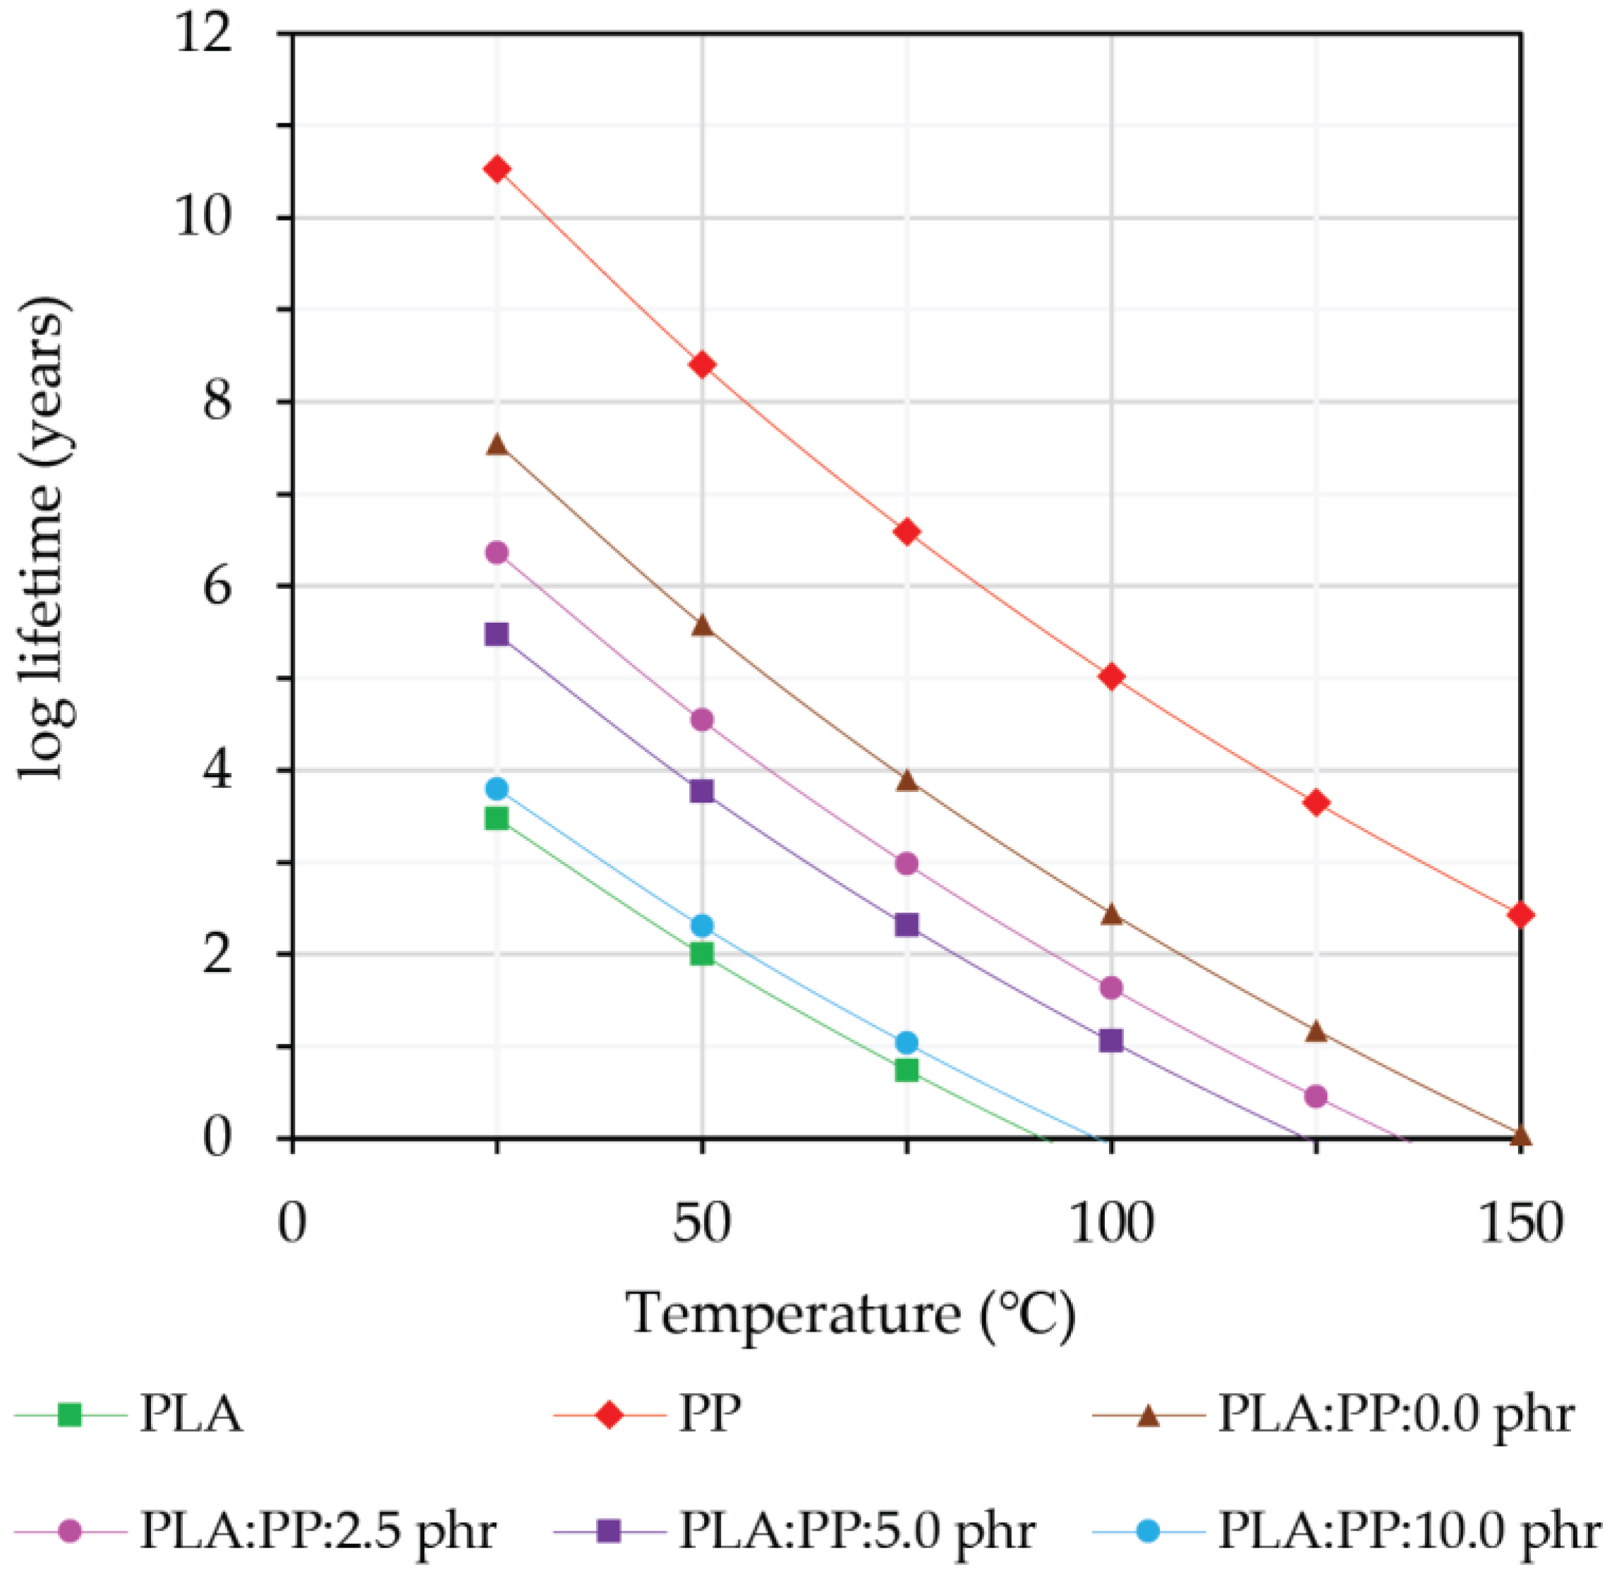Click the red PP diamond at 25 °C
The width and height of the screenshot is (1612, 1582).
(497, 169)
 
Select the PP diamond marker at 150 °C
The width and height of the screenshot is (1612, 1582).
(1520, 915)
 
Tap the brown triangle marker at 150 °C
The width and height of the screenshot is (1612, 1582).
(1520, 1136)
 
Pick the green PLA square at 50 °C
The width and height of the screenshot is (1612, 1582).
(702, 953)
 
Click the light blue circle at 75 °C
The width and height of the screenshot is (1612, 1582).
(907, 1042)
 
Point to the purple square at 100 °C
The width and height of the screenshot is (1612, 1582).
(1111, 1040)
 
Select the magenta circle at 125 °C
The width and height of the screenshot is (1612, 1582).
(1316, 1096)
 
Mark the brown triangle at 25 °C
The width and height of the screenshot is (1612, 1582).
(497, 444)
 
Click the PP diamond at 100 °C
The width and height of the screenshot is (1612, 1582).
(1111, 676)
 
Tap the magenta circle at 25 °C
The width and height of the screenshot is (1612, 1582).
(497, 552)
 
